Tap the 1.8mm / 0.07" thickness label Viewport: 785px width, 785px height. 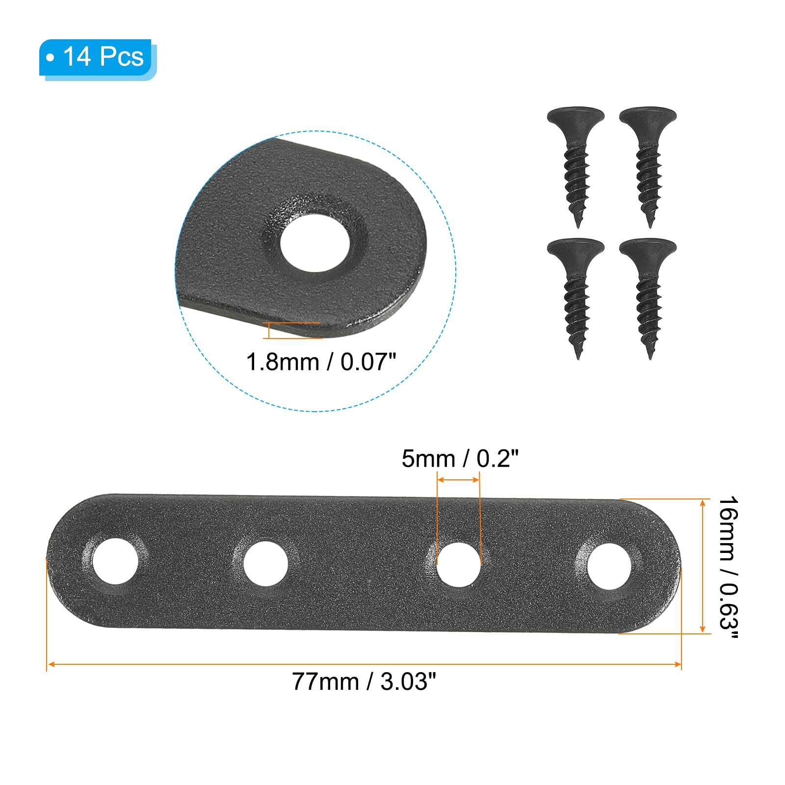[321, 362]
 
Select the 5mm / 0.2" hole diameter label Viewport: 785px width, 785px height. [460, 459]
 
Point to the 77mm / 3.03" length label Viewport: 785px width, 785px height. [364, 681]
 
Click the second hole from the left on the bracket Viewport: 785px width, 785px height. [265, 563]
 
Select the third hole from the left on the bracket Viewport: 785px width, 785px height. [459, 564]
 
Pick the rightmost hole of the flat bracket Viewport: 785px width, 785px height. [609, 567]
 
